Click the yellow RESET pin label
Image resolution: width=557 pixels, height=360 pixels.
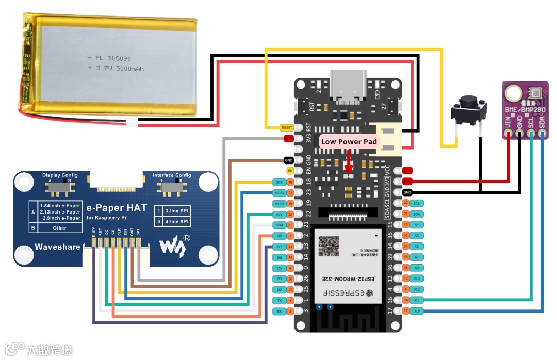tap(286, 127)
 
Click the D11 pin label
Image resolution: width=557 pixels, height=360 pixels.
tap(417, 300)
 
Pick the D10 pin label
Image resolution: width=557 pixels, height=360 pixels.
tap(417, 310)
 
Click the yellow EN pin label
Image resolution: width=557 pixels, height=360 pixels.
tap(290, 170)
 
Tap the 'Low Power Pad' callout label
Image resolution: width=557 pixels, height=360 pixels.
tap(349, 142)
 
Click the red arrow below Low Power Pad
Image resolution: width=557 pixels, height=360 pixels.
tap(349, 161)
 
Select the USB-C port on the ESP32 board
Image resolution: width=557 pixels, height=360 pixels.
tap(349, 83)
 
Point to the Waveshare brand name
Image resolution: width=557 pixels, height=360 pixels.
tap(57, 247)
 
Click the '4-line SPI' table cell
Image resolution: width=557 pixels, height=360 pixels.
tap(177, 222)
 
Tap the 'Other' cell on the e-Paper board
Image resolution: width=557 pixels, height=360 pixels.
tap(59, 228)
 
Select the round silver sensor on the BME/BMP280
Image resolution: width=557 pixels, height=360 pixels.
tap(514, 93)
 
